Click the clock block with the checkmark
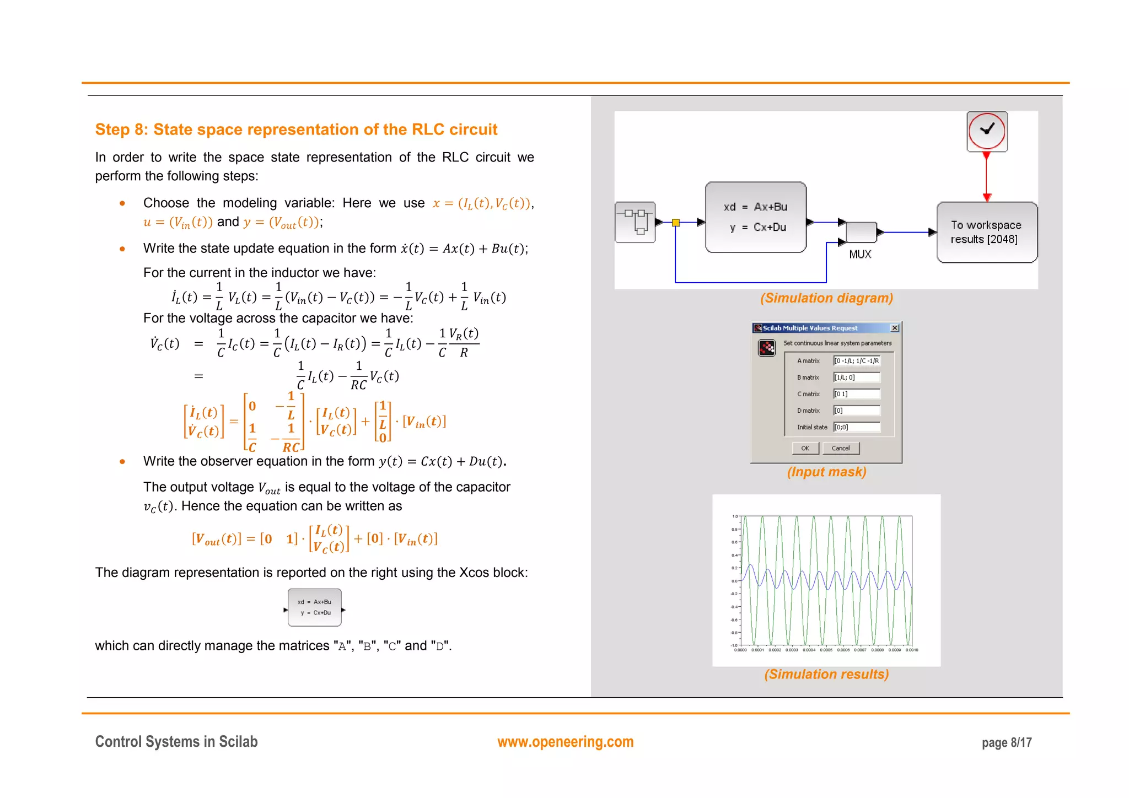pyautogui.click(x=987, y=131)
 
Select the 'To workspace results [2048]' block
pyautogui.click(x=987, y=232)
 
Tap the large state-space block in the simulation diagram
pyautogui.click(x=755, y=217)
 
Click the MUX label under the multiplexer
pyautogui.click(x=860, y=254)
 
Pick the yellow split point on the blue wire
pyautogui.click(x=676, y=223)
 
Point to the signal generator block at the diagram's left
pyautogui.click(x=635, y=222)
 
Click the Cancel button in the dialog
pyautogui.click(x=841, y=448)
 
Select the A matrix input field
pyautogui.click(x=857, y=361)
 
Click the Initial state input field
pyautogui.click(x=857, y=427)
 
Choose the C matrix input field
pyautogui.click(x=857, y=394)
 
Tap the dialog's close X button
pyautogui.click(x=895, y=328)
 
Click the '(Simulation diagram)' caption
pyautogui.click(x=826, y=298)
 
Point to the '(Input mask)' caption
pyautogui.click(x=826, y=472)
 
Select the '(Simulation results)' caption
pyautogui.click(x=826, y=674)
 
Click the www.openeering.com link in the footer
pyautogui.click(x=565, y=742)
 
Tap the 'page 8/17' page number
pyautogui.click(x=1006, y=742)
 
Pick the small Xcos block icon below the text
pyautogui.click(x=314, y=607)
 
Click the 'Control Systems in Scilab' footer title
pyautogui.click(x=176, y=742)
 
